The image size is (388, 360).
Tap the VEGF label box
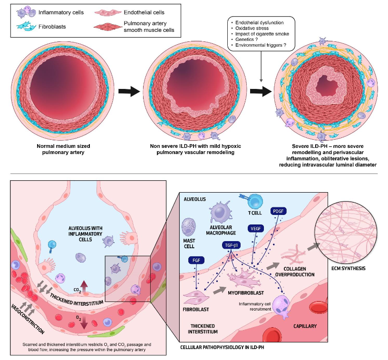(255, 228)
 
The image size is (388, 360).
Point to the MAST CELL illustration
(189, 226)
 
